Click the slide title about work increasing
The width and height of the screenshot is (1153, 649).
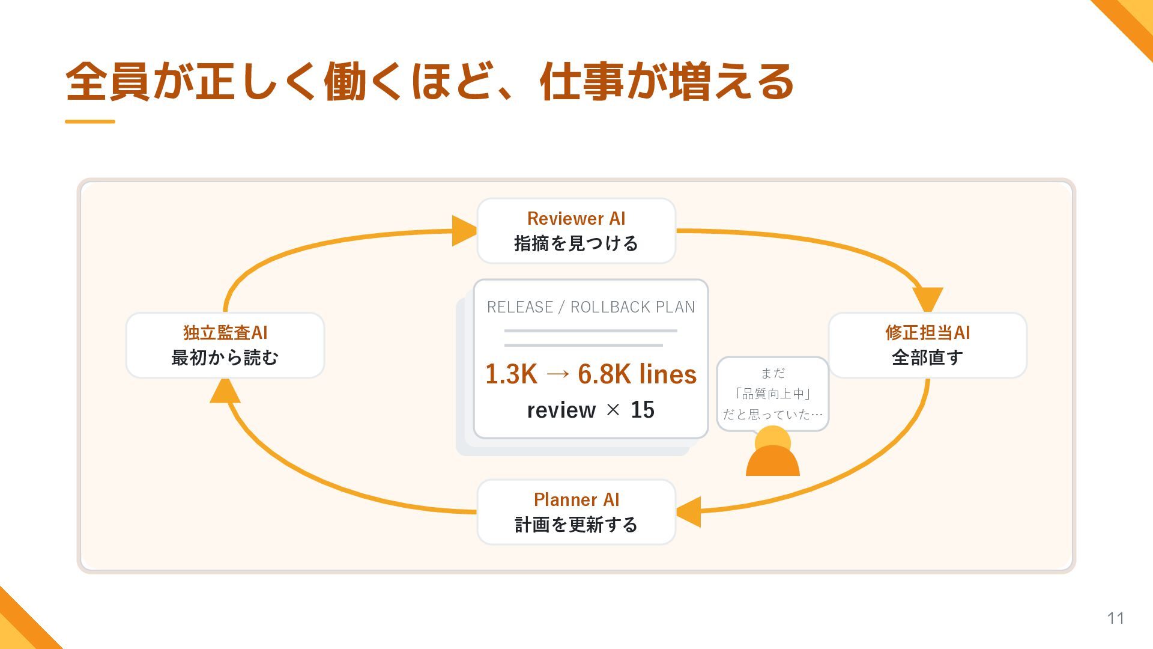click(430, 82)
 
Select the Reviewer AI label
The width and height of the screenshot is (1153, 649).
click(576, 218)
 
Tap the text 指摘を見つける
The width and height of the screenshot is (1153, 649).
click(576, 243)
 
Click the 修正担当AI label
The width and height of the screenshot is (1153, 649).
click(927, 332)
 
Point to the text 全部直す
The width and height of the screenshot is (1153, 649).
click(927, 358)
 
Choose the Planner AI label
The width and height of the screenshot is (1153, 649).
click(576, 499)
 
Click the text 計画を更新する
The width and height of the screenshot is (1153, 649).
click(576, 525)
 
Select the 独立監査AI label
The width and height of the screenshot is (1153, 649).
click(225, 332)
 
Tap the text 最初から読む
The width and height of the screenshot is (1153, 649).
click(225, 358)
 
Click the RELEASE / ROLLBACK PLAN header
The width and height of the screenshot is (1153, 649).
click(591, 307)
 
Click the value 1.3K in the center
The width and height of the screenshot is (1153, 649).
click(511, 374)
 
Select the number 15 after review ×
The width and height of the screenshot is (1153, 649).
click(643, 410)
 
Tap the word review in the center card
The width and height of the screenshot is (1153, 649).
click(561, 410)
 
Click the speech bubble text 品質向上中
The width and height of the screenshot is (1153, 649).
click(773, 394)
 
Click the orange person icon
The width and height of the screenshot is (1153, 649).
click(773, 451)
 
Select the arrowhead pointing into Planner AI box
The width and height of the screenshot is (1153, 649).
click(688, 512)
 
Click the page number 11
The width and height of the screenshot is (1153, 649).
click(1116, 618)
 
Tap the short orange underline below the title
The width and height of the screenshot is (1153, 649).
click(90, 121)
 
